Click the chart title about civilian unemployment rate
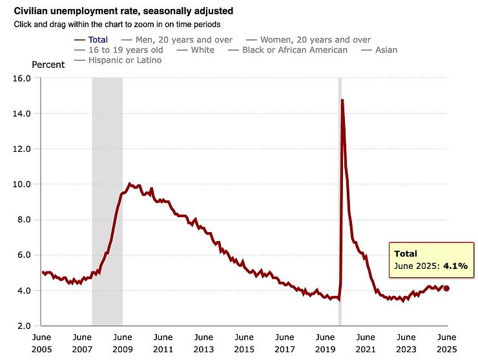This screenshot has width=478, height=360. point(110,11)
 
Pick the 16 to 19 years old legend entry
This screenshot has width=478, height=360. point(127,50)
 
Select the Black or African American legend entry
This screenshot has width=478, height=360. point(295,50)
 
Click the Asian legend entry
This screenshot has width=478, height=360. point(386,50)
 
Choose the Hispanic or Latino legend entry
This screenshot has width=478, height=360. point(124,60)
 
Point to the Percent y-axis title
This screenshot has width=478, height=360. point(48,65)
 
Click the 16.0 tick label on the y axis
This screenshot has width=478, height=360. point(22,78)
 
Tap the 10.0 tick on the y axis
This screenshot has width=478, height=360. point(22,184)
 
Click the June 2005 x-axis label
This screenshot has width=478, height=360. point(41,343)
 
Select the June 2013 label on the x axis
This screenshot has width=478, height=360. point(203,343)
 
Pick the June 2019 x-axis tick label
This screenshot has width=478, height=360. point(325,343)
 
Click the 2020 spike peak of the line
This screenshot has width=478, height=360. point(342,100)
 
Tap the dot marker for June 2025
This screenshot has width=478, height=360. point(446,288)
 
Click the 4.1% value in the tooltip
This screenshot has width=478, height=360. point(455,266)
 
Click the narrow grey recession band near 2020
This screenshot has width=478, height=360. point(340,194)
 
